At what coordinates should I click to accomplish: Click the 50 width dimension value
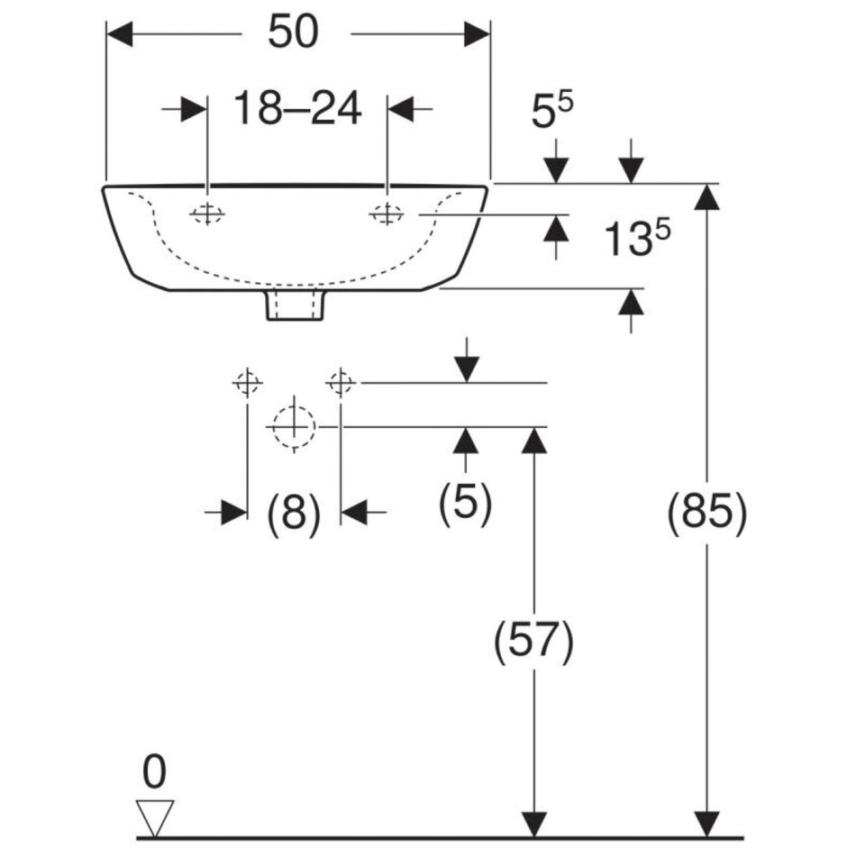coord(294,33)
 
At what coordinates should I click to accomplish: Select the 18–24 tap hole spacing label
coord(297,109)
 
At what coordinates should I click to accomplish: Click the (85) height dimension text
coord(707,514)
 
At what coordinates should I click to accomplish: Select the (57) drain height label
coord(533,642)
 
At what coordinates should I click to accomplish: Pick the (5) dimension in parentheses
coord(465,502)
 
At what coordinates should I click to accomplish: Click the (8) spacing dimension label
coord(294,514)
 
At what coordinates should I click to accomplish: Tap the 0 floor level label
coord(154,773)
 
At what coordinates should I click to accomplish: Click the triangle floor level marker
coord(154,816)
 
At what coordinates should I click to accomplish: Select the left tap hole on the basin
coord(207,214)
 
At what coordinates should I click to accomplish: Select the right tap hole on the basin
coord(387,214)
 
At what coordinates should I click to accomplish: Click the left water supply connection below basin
coord(247,383)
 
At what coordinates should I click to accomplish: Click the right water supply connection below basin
coord(341,383)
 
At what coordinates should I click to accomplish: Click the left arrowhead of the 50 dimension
coord(120,34)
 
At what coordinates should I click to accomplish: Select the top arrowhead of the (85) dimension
coord(708,196)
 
